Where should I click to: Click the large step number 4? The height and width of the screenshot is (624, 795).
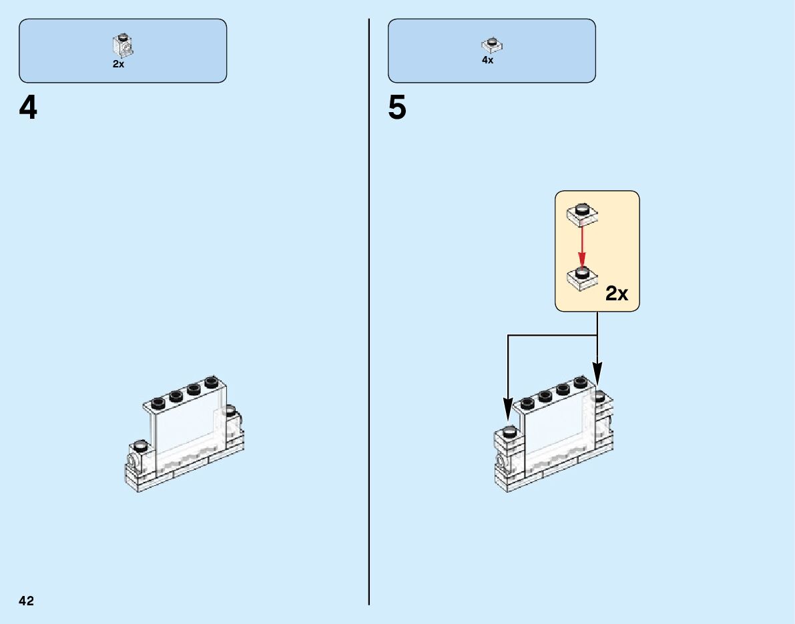pos(28,109)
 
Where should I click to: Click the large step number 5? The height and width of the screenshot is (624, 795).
pos(397,109)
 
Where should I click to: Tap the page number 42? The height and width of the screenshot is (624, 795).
pos(27,601)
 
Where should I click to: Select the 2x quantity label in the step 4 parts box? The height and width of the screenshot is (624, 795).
pos(118,65)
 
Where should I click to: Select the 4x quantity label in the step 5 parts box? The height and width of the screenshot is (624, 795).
pos(487,60)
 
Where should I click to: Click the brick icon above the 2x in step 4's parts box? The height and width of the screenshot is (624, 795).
pos(123,45)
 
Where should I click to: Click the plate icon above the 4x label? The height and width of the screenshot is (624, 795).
pos(491,45)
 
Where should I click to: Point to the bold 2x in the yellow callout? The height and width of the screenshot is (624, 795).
pos(617,294)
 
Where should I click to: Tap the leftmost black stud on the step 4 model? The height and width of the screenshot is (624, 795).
pos(140,445)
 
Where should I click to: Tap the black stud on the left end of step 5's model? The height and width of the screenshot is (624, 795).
pos(510,431)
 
